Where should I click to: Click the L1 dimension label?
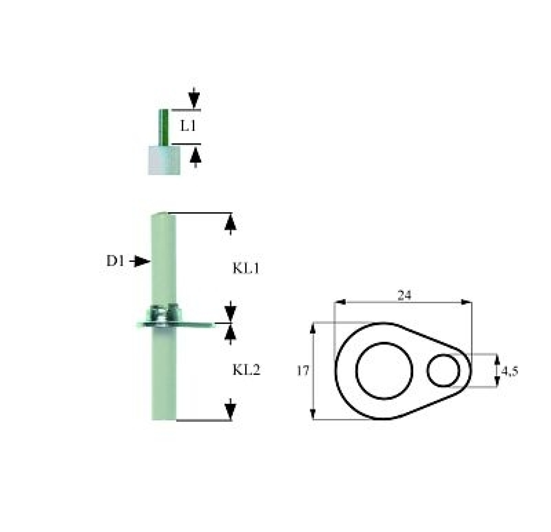pyautogui.click(x=188, y=126)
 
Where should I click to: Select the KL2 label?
pyautogui.click(x=246, y=370)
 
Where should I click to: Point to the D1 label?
pyautogui.click(x=115, y=261)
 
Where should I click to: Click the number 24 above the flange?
pyautogui.click(x=404, y=295)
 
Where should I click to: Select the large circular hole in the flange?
pyautogui.click(x=384, y=371)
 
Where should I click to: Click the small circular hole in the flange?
pyautogui.click(x=444, y=370)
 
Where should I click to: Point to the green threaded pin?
pyautogui.click(x=164, y=127)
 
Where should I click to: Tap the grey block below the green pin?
pyautogui.click(x=164, y=160)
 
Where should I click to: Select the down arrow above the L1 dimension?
pyautogui.click(x=194, y=98)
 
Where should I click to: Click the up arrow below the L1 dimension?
pyautogui.click(x=196, y=156)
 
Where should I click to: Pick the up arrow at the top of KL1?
pyautogui.click(x=230, y=224)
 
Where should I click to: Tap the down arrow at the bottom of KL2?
pyautogui.click(x=230, y=409)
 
